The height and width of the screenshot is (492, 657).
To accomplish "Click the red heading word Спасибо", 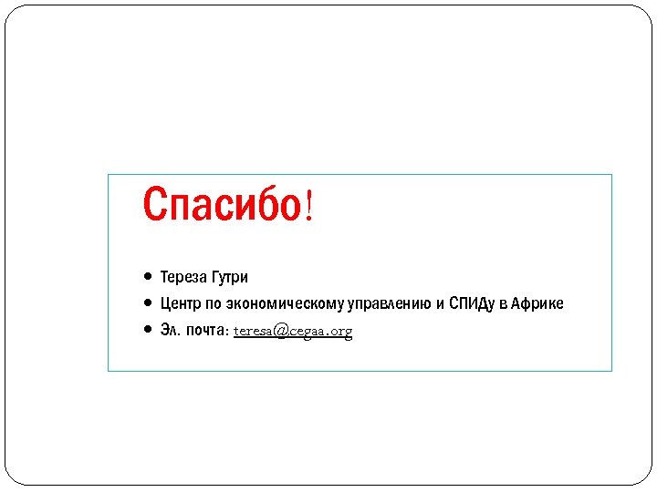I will pos(221,204).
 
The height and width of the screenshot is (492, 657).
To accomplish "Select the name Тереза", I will pos(183,276).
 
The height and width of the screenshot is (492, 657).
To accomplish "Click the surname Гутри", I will pos(230,276).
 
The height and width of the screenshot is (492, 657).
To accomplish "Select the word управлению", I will pos(386,303).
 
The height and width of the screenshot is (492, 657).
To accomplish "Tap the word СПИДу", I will pos(474,303).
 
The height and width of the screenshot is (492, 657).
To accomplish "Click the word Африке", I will pos(537,303).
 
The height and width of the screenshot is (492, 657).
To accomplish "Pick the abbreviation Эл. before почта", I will pos(170,330).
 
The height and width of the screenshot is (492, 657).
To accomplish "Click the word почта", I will pos(205,330).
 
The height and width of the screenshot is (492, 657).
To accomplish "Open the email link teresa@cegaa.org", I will pos(293,331).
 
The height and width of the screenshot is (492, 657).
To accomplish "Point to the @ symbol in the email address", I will pos(279,331).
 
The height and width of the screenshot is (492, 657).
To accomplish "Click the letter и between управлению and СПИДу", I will pos(440,303).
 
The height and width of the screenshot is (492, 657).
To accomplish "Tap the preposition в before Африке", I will pos(503,303).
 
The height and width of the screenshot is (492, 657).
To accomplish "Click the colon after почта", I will pos(227,331).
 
